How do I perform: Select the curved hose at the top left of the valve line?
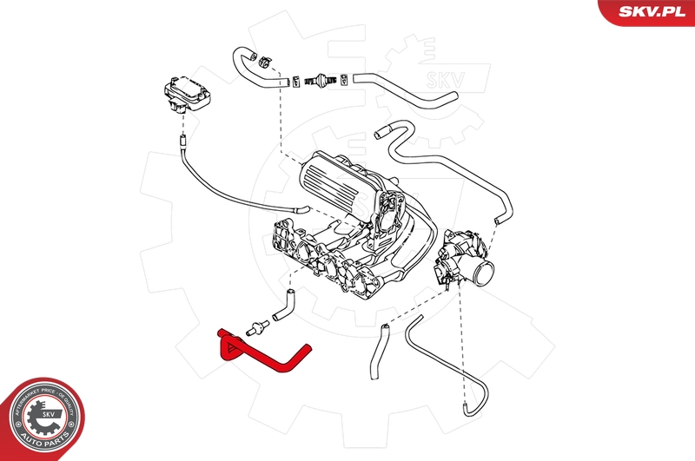coord(252,69)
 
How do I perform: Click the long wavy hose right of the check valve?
coord(408,91)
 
